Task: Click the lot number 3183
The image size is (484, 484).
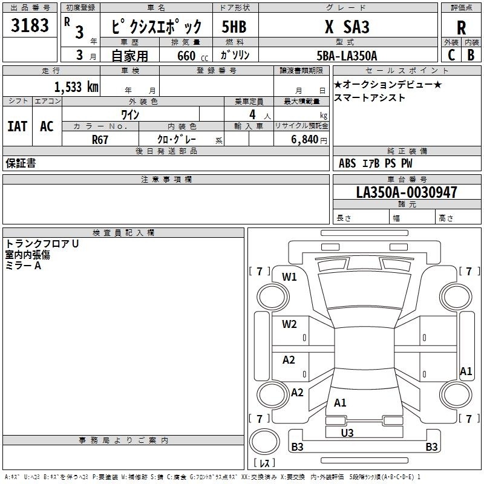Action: pyautogui.click(x=30, y=25)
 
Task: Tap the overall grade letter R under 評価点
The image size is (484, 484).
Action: pyautogui.click(x=461, y=28)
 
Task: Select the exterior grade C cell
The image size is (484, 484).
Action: pyautogui.click(x=451, y=55)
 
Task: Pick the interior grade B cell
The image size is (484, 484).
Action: pyautogui.click(x=471, y=55)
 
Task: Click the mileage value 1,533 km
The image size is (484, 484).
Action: pyautogui.click(x=76, y=87)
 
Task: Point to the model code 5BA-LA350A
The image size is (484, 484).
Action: pyautogui.click(x=347, y=56)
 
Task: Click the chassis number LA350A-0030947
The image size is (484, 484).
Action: pyautogui.click(x=407, y=192)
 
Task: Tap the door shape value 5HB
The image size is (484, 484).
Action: pyautogui.click(x=234, y=27)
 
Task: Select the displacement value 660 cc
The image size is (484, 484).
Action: pyautogui.click(x=193, y=56)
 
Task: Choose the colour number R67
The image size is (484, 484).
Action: pyautogui.click(x=100, y=140)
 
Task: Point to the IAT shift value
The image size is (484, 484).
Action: pyautogui.click(x=18, y=126)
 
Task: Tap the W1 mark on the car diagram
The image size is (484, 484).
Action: pyautogui.click(x=289, y=277)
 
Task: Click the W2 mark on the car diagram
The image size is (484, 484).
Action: pyautogui.click(x=289, y=324)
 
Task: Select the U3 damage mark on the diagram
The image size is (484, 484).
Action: pyautogui.click(x=347, y=433)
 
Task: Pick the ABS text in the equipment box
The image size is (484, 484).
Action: pyautogui.click(x=347, y=163)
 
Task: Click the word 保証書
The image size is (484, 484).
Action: pyautogui.click(x=21, y=163)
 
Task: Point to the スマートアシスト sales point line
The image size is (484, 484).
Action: pyautogui.click(x=370, y=98)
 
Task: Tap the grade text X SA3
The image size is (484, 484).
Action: pyautogui.click(x=347, y=27)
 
